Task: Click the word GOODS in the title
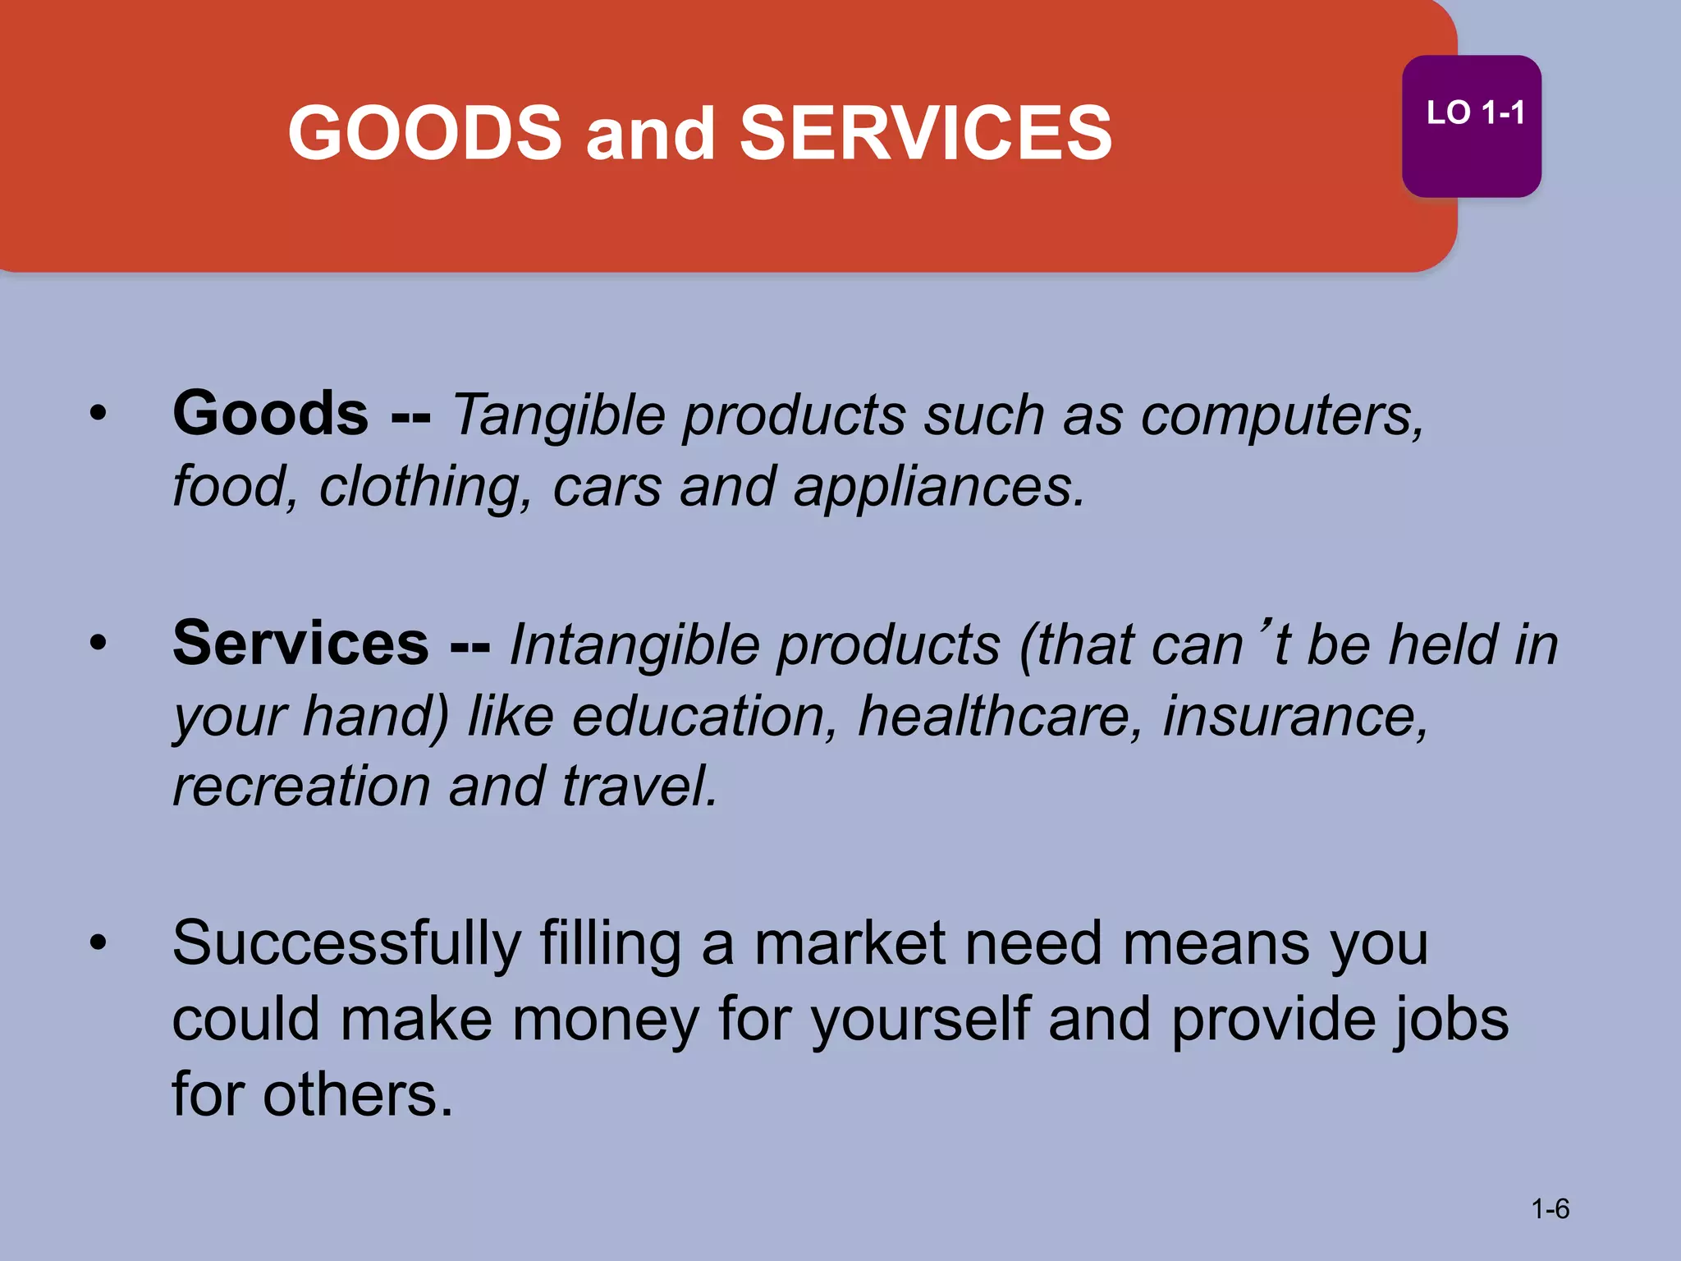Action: pos(424,134)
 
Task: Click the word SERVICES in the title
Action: pos(925,134)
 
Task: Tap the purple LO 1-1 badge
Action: pos(1471,126)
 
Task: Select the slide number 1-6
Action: pos(1550,1208)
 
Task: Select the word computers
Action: pos(1281,416)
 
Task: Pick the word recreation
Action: pos(301,786)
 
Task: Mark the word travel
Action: pos(639,786)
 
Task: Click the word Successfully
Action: pos(346,944)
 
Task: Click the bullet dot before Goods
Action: pos(98,413)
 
